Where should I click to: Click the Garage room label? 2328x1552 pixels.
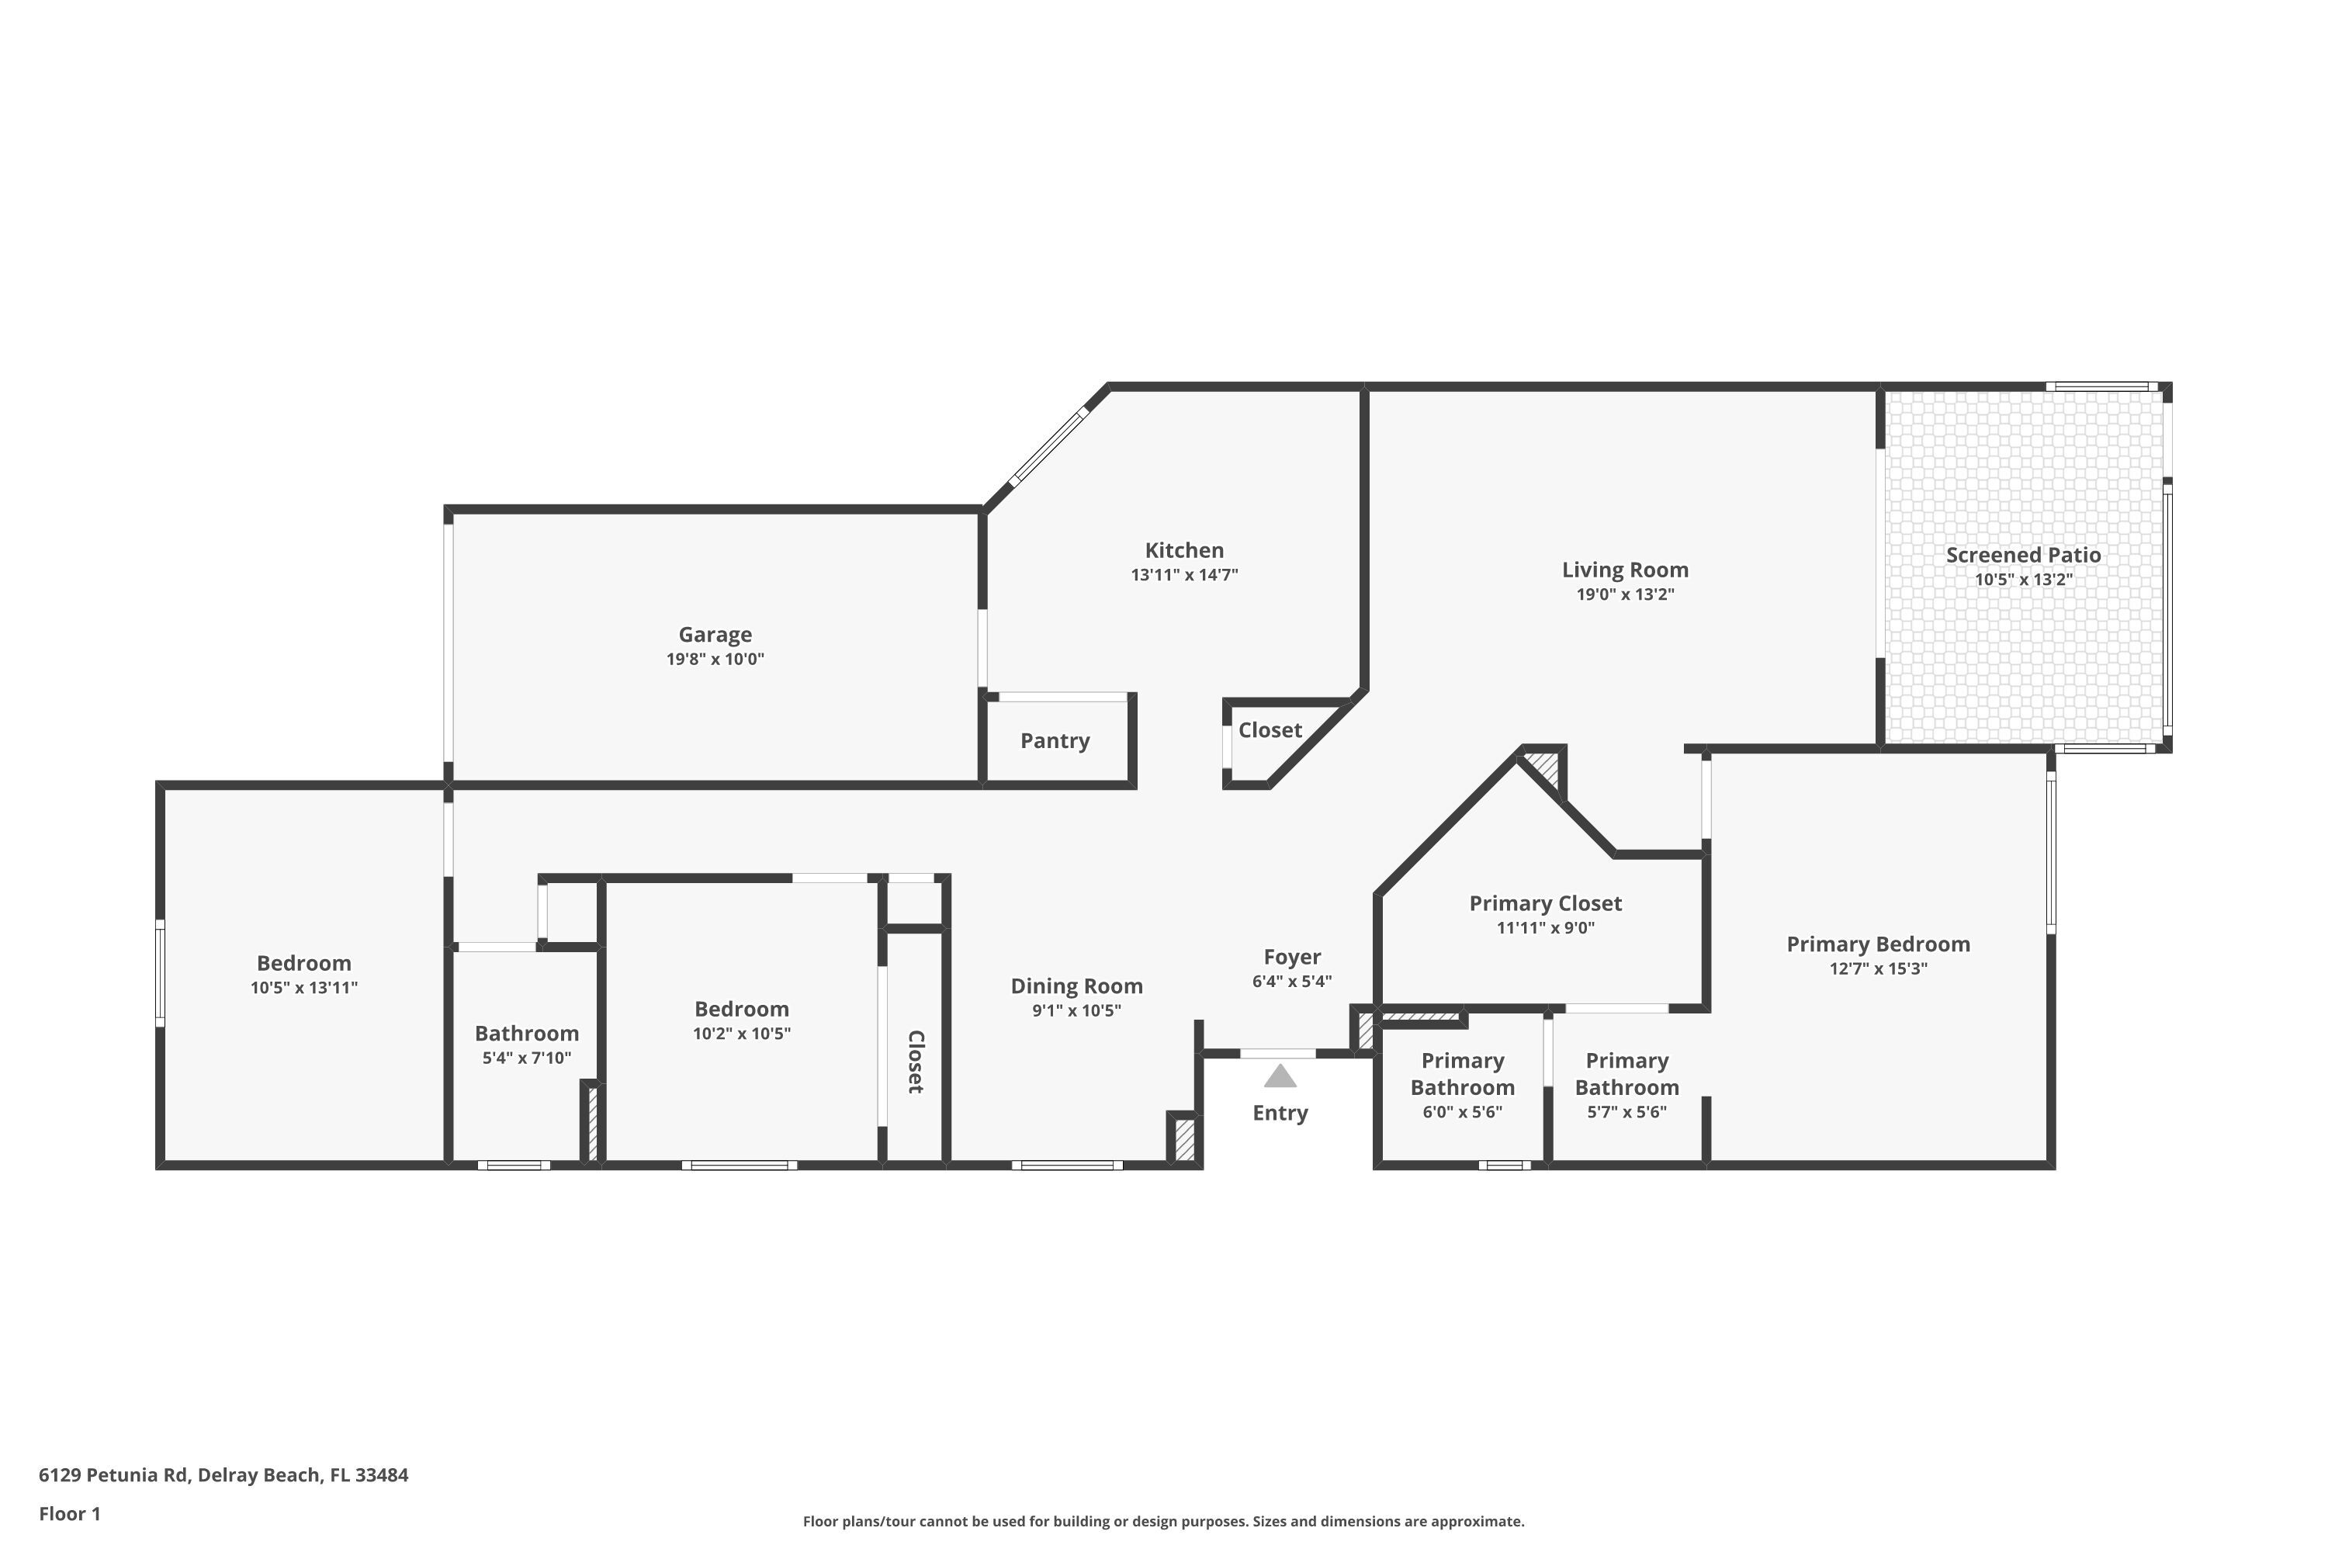coord(715,635)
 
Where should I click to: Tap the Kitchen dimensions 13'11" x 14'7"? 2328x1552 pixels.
coord(1184,575)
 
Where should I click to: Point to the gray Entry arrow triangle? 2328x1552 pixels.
coord(1280,1076)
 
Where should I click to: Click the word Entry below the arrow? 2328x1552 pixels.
coord(1280,1113)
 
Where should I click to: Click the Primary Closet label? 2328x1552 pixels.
coord(1544,902)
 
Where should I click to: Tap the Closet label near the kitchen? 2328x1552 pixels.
coord(1269,729)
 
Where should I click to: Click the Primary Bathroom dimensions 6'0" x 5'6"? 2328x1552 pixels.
coord(1462,1111)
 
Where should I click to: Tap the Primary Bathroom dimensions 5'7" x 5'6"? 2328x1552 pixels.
coord(1626,1111)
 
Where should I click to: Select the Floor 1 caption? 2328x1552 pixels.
coord(69,1513)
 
